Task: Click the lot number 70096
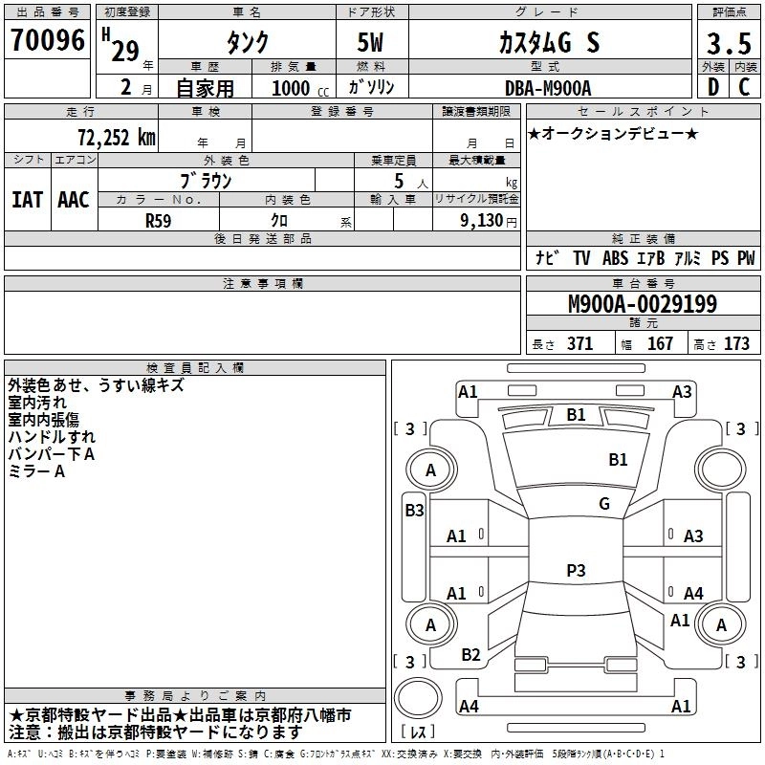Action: point(47,40)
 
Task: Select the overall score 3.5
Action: point(729,43)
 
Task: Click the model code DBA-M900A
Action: point(548,88)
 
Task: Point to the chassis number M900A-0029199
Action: point(642,304)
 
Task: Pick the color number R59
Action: point(159,219)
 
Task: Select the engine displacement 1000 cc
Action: point(299,88)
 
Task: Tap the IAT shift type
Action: point(27,200)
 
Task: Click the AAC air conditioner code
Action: point(74,200)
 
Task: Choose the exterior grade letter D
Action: point(713,87)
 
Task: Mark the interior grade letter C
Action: point(745,87)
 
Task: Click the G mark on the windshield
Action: point(604,503)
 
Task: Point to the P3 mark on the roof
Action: point(576,570)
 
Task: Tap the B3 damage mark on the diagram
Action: point(414,510)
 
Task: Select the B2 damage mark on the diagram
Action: point(470,655)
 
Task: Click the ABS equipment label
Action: point(617,258)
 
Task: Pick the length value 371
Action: point(579,344)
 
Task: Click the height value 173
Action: point(736,344)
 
